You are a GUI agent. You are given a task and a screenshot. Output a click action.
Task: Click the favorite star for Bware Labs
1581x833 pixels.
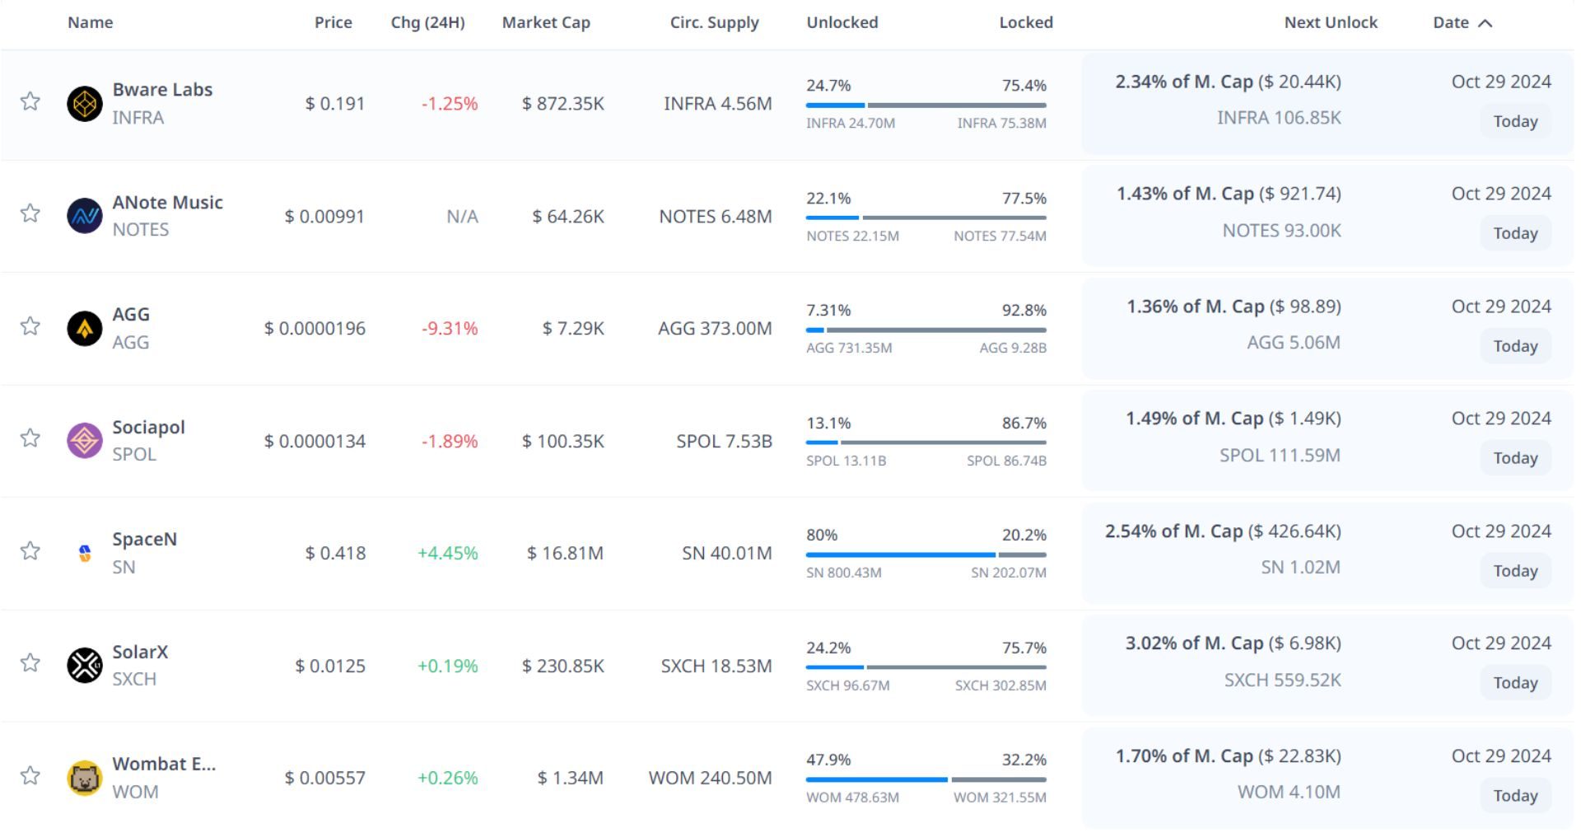click(x=30, y=101)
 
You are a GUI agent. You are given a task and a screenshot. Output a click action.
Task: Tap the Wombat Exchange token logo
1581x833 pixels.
click(x=84, y=777)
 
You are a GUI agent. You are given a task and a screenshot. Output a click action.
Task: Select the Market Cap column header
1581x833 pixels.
click(x=546, y=22)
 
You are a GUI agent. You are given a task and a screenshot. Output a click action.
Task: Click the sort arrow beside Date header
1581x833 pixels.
click(x=1485, y=23)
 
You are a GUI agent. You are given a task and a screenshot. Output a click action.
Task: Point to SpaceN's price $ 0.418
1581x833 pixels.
click(x=335, y=553)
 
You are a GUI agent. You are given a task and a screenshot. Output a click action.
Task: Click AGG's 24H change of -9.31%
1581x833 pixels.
click(x=450, y=328)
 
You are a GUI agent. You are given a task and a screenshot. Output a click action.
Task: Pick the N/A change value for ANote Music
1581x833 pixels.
click(x=462, y=216)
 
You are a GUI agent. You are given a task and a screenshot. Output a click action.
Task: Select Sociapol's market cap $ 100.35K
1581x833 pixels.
click(x=563, y=441)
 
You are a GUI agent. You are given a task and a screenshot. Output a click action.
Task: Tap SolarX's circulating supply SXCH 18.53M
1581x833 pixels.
click(x=716, y=666)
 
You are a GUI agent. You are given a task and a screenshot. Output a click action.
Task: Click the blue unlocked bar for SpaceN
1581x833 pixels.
click(x=900, y=555)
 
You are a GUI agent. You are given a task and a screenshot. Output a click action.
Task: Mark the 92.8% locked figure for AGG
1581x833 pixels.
click(x=1024, y=311)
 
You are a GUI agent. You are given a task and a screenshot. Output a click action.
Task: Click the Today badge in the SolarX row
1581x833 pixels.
click(x=1515, y=683)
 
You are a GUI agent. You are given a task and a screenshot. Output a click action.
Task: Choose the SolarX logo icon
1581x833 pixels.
click(x=84, y=665)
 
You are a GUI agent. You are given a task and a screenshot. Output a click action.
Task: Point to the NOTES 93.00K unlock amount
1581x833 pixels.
click(x=1281, y=231)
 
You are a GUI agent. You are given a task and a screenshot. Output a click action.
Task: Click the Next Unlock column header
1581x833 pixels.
click(x=1331, y=22)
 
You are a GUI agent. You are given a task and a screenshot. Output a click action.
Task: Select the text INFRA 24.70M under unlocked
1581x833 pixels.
click(x=851, y=124)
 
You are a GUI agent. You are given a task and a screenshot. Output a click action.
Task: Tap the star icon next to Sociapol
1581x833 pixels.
click(x=30, y=438)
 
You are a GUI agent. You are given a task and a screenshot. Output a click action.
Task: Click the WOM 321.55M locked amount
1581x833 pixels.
click(x=1000, y=798)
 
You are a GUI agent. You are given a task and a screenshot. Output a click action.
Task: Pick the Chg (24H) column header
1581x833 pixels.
click(x=427, y=22)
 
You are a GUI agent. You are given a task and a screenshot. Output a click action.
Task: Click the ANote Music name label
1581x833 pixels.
click(x=168, y=202)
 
